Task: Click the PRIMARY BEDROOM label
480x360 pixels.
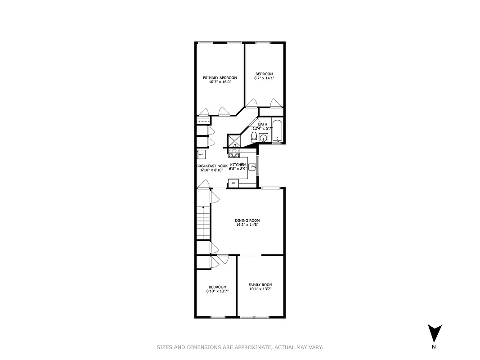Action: pos(220,77)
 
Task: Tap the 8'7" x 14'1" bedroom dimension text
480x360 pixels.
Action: pos(264,78)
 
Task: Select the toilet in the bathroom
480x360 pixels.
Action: pos(254,136)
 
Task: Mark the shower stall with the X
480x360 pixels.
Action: pos(234,141)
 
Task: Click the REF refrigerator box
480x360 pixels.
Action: pos(233,183)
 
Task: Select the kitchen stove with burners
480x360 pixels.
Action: pos(233,155)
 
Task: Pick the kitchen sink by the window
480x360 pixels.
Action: pos(252,168)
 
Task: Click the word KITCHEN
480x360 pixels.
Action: pos(238,165)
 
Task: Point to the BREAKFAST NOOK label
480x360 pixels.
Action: pos(212,166)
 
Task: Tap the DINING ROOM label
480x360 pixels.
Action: pos(247,220)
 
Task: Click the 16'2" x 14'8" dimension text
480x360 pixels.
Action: pos(247,225)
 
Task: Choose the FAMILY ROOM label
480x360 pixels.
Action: pos(260,285)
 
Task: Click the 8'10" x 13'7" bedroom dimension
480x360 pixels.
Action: pos(217,291)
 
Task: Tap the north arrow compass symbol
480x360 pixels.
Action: pos(434,333)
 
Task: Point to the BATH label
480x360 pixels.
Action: pos(263,124)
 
